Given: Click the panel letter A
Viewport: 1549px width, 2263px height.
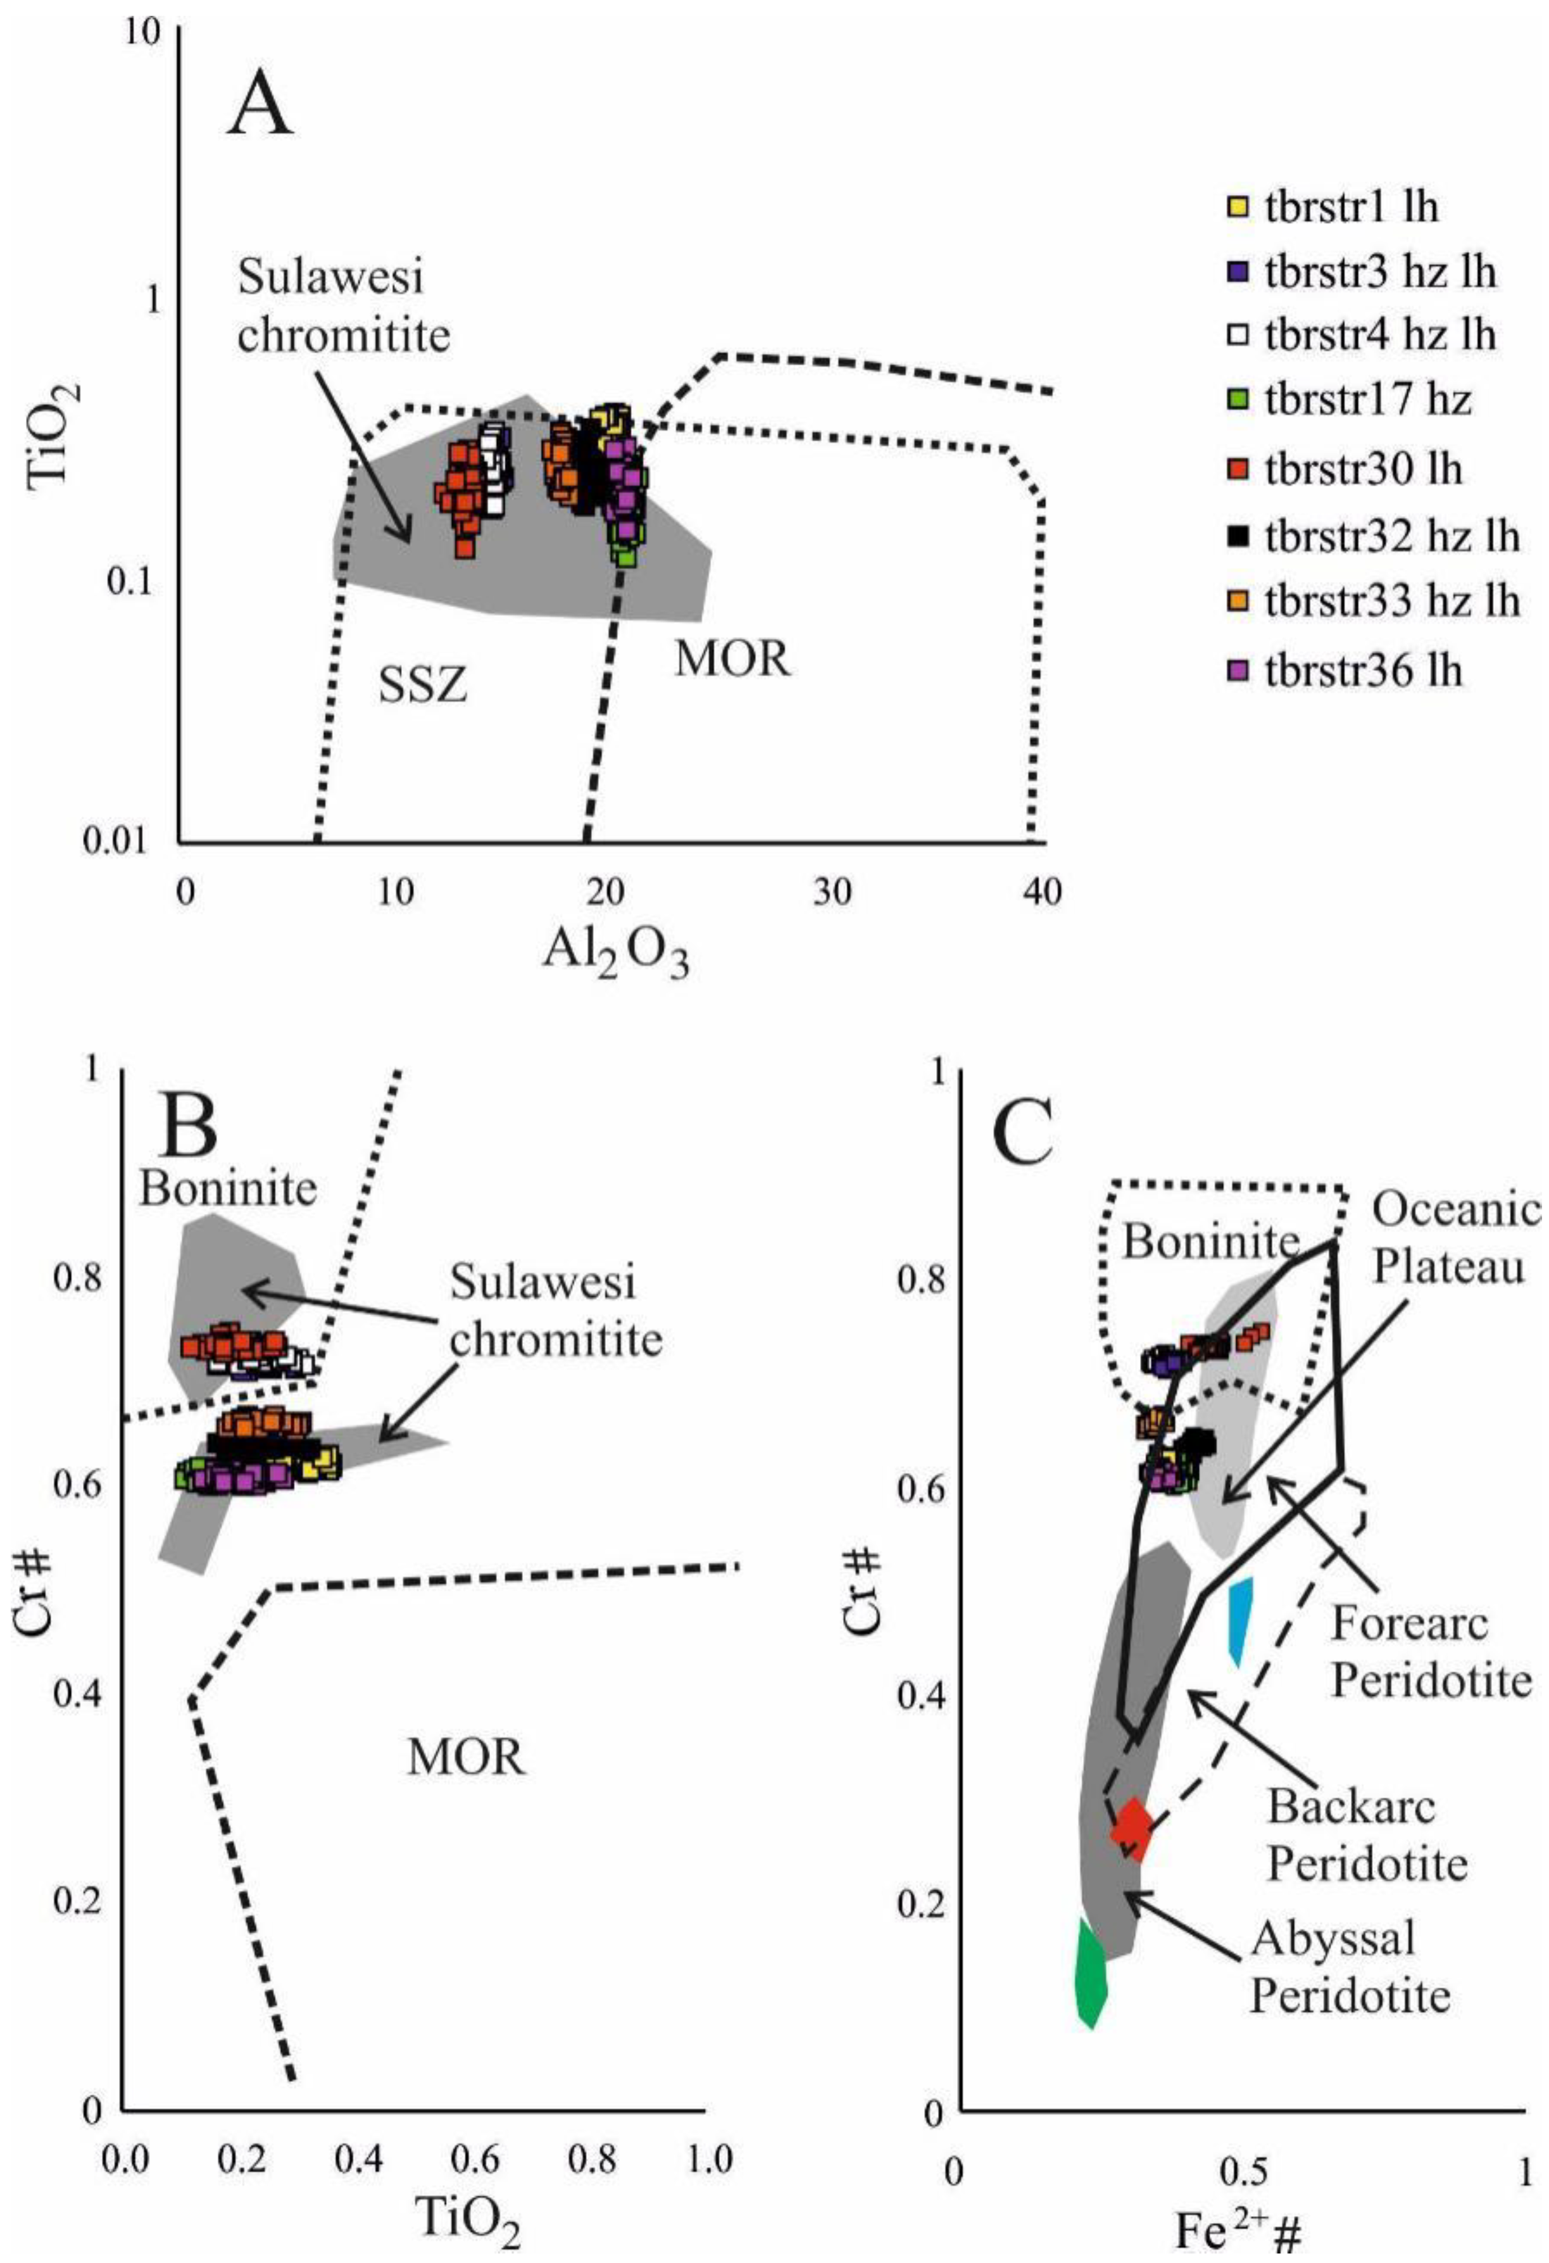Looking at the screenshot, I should tap(260, 106).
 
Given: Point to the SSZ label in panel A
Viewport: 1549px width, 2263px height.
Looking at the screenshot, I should tap(423, 686).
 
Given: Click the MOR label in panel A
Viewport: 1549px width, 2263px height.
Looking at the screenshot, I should tap(732, 659).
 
